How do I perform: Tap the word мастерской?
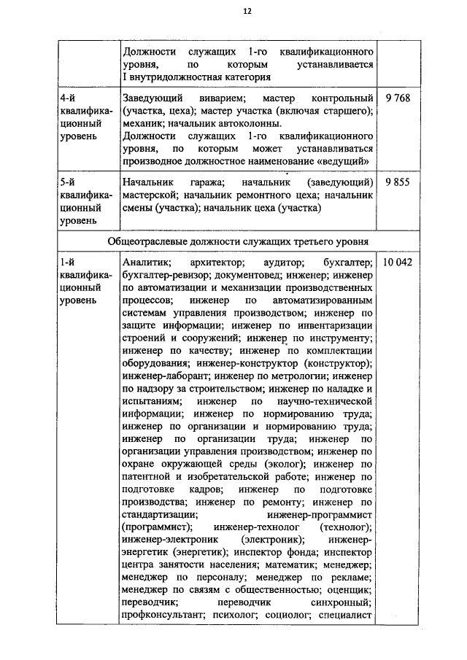(151, 195)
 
